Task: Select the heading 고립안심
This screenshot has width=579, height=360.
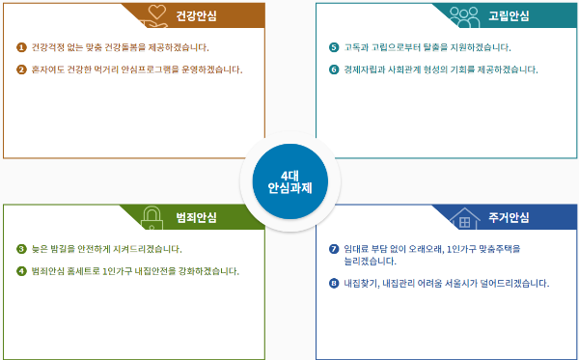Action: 509,15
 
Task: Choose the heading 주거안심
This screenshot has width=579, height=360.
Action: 509,217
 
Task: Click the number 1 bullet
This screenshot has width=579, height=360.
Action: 21,47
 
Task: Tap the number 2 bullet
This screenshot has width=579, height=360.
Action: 21,69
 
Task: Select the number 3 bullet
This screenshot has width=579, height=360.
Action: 21,249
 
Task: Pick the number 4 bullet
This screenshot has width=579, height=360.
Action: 21,270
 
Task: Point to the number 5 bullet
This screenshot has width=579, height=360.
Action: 334,47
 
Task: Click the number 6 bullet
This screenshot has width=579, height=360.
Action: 334,69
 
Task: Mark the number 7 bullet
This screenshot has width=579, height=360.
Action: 334,249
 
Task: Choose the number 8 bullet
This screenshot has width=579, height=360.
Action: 334,284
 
